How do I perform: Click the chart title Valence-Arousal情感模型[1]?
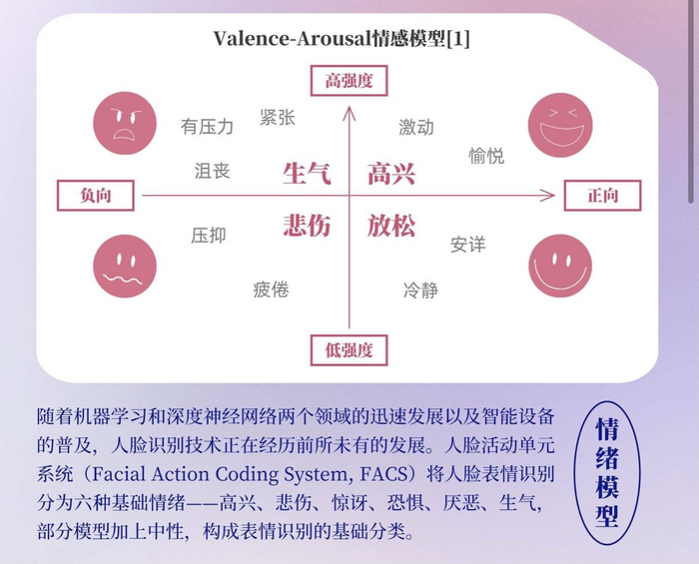pos(342,39)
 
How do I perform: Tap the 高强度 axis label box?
pos(349,81)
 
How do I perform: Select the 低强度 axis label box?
pos(349,349)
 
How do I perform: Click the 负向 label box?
pos(96,196)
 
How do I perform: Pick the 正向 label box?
pos(602,196)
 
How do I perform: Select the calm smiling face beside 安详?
pos(559,267)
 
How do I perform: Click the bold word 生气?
pos(307,175)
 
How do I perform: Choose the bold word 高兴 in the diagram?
pos(390,175)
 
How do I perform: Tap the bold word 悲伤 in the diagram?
pos(307,225)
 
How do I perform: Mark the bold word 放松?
pos(390,225)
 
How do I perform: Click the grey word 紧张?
pos(277,118)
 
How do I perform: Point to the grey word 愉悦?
pos(486,156)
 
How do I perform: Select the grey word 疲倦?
pos(271,289)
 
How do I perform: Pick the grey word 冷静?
pos(420,289)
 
